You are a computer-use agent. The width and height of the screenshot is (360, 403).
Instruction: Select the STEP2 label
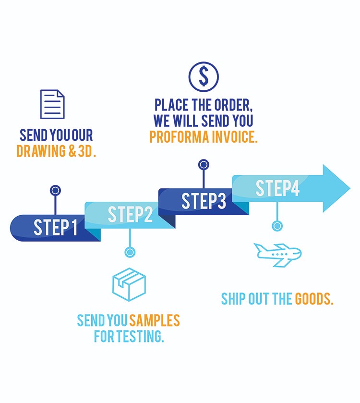pos(130,214)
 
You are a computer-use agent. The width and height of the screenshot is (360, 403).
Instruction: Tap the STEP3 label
pos(204,201)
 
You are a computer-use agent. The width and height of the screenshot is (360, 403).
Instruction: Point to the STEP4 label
pos(277,188)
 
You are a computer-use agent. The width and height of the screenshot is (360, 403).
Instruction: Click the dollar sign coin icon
pos(204,76)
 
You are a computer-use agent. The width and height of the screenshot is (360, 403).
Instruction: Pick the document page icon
pos(52,104)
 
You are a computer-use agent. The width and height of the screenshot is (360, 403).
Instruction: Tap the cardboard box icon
pos(129,284)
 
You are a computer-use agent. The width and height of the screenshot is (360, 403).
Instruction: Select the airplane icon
pos(277,255)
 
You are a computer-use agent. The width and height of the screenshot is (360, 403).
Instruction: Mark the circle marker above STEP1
pos(55,191)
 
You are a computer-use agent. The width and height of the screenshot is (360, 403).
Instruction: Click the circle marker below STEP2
pos(130,252)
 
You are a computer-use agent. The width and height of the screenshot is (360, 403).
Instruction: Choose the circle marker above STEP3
pos(204,165)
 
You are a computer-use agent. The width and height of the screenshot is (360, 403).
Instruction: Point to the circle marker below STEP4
pos(277,225)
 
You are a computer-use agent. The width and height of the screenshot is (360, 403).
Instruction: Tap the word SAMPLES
pos(155,320)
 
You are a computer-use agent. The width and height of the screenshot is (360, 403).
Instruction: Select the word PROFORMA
pos(180,137)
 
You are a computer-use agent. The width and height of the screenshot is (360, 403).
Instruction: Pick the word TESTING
pos(139,336)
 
